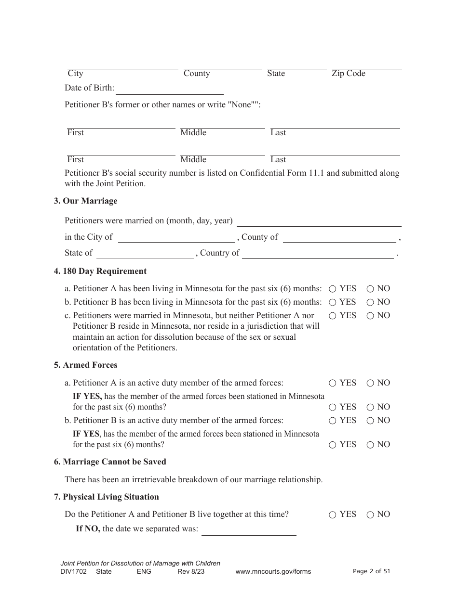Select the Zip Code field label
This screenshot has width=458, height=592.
(348, 74)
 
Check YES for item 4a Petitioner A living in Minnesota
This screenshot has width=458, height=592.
(333, 289)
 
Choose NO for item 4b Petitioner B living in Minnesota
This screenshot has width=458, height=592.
(370, 303)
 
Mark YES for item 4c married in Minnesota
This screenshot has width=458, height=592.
(333, 316)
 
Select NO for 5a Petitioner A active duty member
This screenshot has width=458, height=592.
(370, 384)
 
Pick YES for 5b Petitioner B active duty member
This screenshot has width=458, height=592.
(333, 421)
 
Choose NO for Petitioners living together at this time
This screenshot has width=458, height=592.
(370, 515)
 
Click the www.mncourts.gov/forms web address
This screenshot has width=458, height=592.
(273, 572)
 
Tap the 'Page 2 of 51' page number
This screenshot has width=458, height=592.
(372, 571)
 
